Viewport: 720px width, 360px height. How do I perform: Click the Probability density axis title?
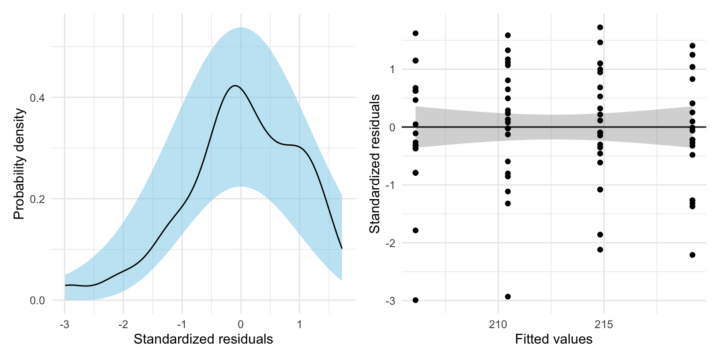click(x=18, y=164)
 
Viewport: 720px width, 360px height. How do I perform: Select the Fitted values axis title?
click(x=553, y=339)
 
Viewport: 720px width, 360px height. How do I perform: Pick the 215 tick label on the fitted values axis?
click(x=604, y=324)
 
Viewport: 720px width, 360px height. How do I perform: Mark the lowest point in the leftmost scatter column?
click(x=415, y=300)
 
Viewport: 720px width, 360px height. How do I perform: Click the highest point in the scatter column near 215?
click(x=600, y=28)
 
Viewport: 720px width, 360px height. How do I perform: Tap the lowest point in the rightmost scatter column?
click(x=692, y=255)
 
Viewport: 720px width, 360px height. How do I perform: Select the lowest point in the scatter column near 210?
click(x=508, y=297)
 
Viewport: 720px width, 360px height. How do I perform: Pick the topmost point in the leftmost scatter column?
click(x=415, y=33)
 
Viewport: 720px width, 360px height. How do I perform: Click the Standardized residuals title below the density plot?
click(x=203, y=339)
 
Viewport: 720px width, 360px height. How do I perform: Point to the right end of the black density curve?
click(x=342, y=248)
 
